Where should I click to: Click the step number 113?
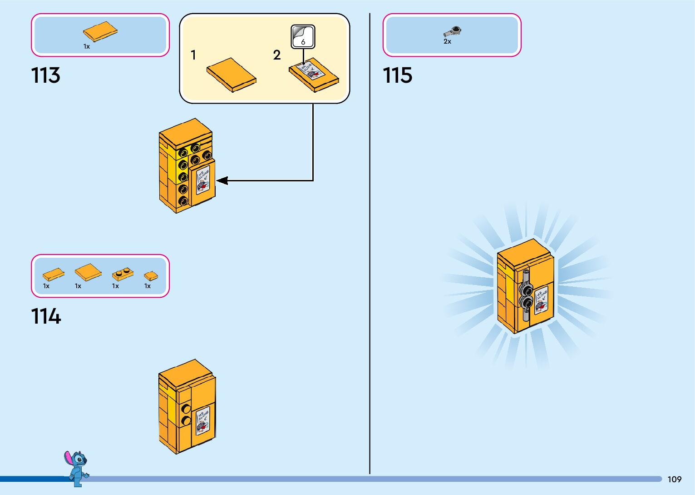click(x=45, y=75)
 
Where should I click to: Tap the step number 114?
click(x=46, y=316)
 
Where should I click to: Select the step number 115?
click(x=397, y=75)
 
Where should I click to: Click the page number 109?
click(x=674, y=479)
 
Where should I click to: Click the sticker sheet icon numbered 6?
click(x=303, y=36)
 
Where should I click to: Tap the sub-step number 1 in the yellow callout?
click(x=193, y=55)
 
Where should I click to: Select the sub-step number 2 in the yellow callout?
click(x=277, y=55)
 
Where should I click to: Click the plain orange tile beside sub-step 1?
click(x=231, y=75)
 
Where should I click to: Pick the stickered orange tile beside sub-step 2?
click(x=314, y=75)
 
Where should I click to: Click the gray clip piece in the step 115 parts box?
click(x=453, y=31)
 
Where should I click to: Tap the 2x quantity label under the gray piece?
click(x=447, y=41)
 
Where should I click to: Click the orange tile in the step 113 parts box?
click(x=100, y=31)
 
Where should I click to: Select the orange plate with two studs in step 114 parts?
click(x=123, y=274)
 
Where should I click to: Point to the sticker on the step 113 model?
click(x=202, y=180)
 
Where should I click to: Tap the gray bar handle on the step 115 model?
click(x=526, y=295)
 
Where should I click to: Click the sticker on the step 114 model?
click(x=202, y=421)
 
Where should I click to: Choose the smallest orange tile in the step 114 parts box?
click(x=151, y=276)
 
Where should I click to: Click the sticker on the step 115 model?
click(x=541, y=300)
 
